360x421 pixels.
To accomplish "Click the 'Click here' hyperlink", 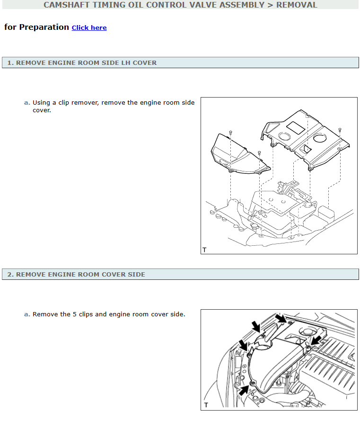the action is (x=89, y=27).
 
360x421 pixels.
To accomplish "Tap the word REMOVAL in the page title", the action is (x=297, y=5).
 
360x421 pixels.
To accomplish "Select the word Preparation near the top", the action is (x=44, y=27).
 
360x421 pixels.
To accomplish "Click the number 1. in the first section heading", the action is (x=10, y=63).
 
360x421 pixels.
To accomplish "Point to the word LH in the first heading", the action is (x=125, y=63).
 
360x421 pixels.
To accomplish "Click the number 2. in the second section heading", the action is (x=10, y=274).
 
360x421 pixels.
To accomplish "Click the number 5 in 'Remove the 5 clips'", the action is (x=75, y=314).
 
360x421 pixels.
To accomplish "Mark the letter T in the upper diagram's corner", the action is (x=204, y=250).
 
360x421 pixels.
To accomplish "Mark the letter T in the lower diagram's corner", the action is (x=206, y=405).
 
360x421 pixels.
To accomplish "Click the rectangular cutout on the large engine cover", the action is (x=296, y=127).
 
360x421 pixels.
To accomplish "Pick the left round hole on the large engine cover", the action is (x=284, y=136).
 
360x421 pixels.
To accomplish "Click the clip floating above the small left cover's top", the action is (x=230, y=133).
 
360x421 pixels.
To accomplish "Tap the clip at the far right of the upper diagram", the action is (x=340, y=130).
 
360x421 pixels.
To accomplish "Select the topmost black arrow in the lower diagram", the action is (x=281, y=318).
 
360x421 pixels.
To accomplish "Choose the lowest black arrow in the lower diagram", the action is (x=244, y=390).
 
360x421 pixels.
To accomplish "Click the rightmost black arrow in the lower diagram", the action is (x=316, y=340).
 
